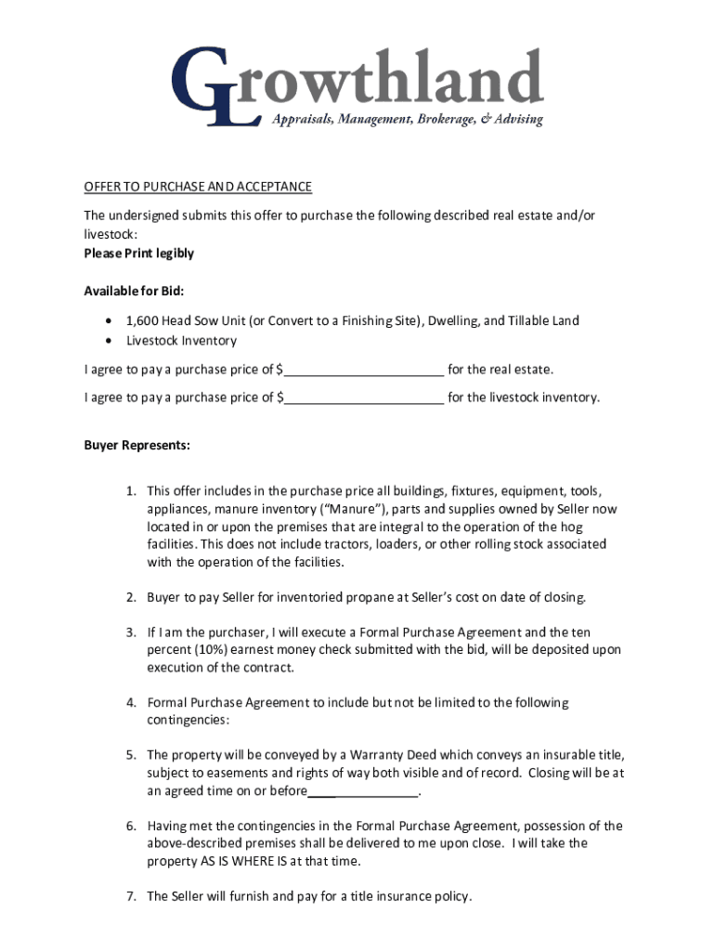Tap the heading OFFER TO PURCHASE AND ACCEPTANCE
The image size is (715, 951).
click(198, 188)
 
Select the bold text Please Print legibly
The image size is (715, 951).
click(138, 254)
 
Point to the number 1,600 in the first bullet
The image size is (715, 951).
click(142, 321)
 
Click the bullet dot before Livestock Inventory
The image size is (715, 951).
click(110, 341)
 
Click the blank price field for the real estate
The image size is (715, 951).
click(364, 371)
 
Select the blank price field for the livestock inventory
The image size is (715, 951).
click(364, 398)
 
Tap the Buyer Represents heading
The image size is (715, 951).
click(136, 446)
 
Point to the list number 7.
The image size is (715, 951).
click(132, 897)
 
